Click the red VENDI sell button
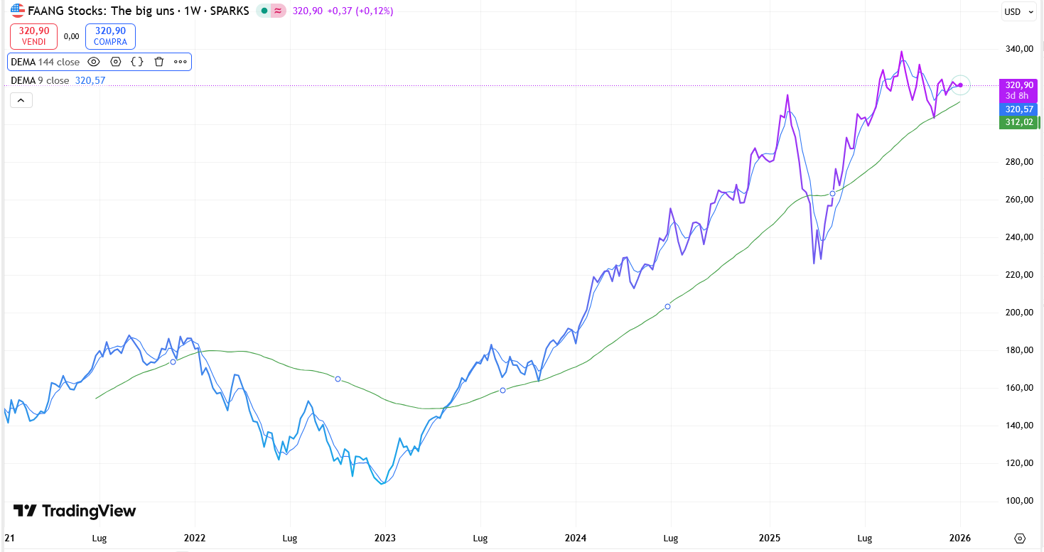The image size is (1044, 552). point(34,36)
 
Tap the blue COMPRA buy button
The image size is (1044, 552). point(110,36)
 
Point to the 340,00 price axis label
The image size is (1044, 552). point(1018,49)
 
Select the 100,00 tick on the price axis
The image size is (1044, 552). point(1018,501)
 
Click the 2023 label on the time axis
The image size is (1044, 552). point(384,538)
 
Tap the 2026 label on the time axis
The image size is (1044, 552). point(960,538)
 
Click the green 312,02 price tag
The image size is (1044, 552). point(1018,122)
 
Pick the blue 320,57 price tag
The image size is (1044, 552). point(1018,109)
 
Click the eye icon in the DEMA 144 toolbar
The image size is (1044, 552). point(94,62)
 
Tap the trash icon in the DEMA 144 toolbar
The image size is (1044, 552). point(159,62)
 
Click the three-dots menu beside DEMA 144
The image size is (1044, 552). point(181,62)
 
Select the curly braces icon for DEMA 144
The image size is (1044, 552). point(137,62)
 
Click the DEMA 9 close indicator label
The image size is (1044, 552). point(40,80)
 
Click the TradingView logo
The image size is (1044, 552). point(75,511)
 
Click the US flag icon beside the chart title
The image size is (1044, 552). point(18,11)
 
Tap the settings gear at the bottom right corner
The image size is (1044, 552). point(1021,538)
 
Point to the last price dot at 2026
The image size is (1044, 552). point(960,85)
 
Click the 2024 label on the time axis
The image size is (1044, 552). point(575,538)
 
